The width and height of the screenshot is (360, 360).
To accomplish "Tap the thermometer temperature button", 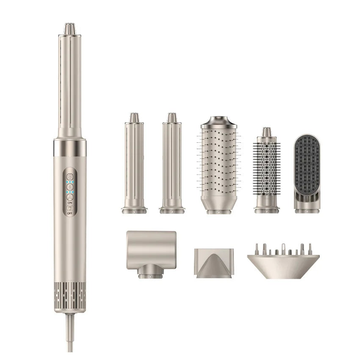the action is pos(70,187).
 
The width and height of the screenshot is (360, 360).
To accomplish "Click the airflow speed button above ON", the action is pos(70,197).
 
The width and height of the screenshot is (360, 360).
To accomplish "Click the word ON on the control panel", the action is pos(70,203).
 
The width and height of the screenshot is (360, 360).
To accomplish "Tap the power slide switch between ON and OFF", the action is pos(70,208).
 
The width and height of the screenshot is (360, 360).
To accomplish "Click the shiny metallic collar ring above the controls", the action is pos(70,147).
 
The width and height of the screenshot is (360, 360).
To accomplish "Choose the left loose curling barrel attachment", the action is pos(134,163).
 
